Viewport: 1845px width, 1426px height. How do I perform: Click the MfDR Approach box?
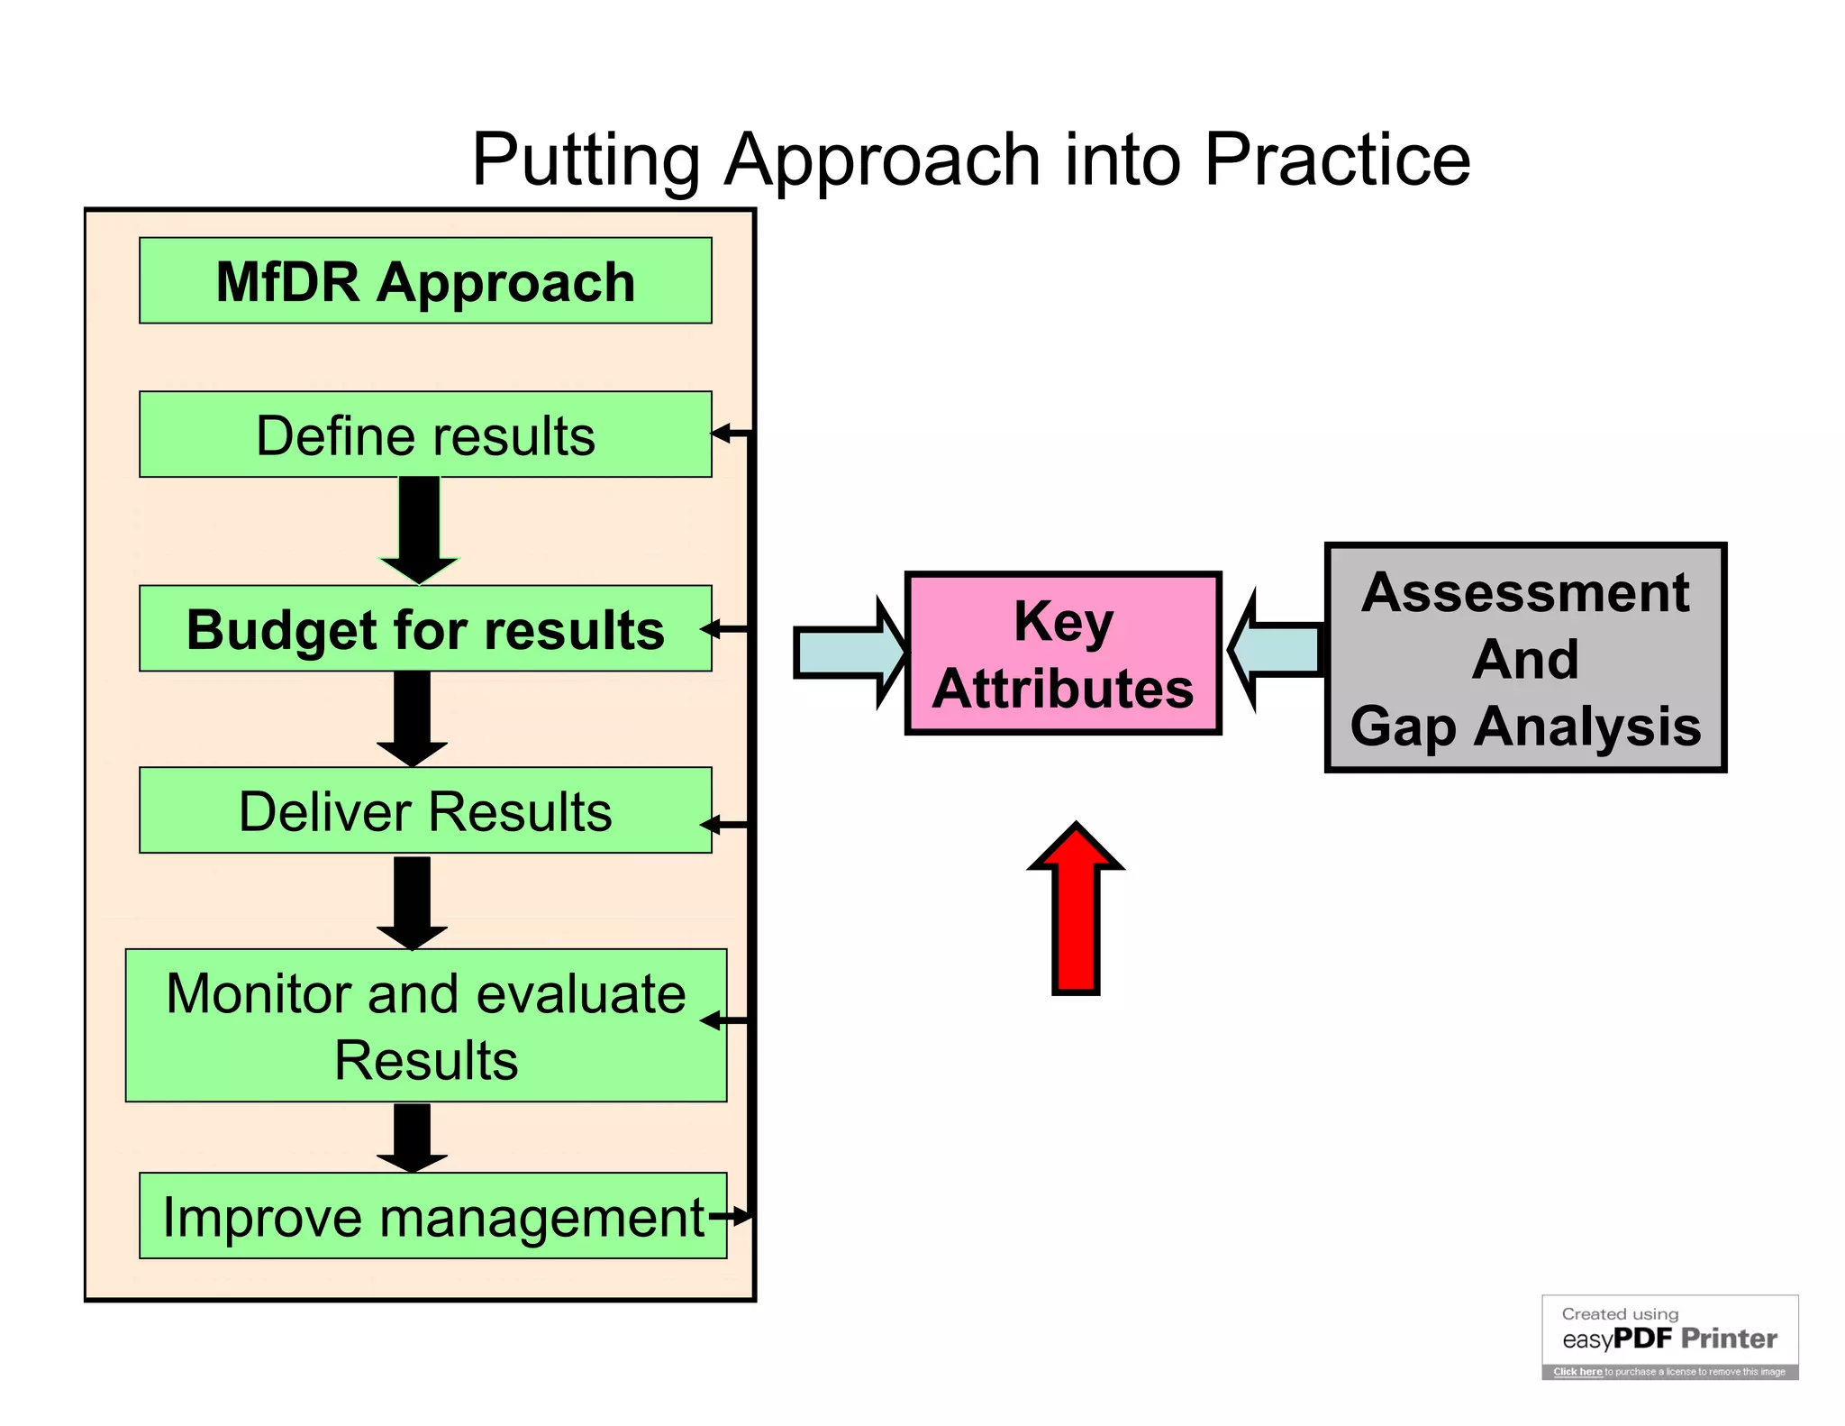click(x=425, y=280)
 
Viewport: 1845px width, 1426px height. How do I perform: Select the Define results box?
click(x=425, y=434)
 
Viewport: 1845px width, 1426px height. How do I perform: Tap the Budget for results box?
click(x=425, y=629)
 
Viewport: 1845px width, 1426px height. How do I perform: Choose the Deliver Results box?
click(x=425, y=810)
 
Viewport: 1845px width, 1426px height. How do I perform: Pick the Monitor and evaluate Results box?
click(x=425, y=1025)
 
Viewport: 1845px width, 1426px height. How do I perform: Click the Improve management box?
click(x=432, y=1215)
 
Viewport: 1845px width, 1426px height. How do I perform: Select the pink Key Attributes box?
click(x=1063, y=654)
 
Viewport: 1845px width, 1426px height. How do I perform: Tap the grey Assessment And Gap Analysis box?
click(x=1525, y=658)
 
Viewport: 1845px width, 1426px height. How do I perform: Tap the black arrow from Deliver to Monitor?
click(x=412, y=901)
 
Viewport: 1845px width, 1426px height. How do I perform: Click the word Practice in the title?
click(x=1337, y=160)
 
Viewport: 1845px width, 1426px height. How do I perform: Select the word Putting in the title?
click(x=586, y=160)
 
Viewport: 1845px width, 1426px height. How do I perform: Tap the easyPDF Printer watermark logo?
click(x=1669, y=1338)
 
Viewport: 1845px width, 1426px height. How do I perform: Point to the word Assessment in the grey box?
click(x=1525, y=593)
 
